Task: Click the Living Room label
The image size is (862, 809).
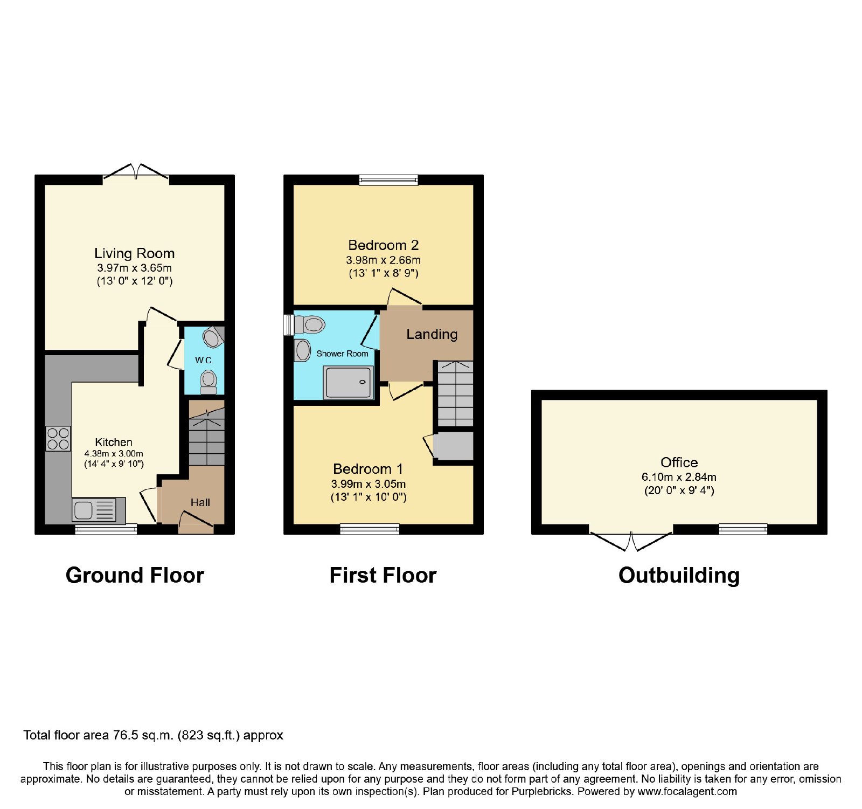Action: coord(135,253)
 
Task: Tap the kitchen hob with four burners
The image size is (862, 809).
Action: coord(58,439)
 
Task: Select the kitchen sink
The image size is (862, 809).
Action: coord(99,510)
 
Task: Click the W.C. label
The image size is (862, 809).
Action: coord(204,360)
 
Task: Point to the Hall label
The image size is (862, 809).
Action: coord(200,502)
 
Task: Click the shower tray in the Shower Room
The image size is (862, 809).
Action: coord(348,383)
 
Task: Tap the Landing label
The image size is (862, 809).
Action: coord(432,334)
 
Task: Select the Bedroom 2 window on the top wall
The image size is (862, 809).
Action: coord(388,180)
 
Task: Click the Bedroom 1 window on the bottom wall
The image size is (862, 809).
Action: coord(370,529)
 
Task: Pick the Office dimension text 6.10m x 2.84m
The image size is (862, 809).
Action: coord(679,477)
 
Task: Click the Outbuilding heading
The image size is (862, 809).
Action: coord(679,576)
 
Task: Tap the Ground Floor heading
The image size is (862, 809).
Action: coord(135,576)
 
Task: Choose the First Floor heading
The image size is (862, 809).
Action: coord(383,576)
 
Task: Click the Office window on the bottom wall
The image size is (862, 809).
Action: coord(743,529)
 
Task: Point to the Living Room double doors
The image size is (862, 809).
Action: coord(136,172)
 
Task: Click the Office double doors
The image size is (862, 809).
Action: coord(631,540)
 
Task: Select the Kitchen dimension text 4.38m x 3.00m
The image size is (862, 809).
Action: coord(114,454)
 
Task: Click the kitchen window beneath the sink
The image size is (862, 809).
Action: coord(106,529)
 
